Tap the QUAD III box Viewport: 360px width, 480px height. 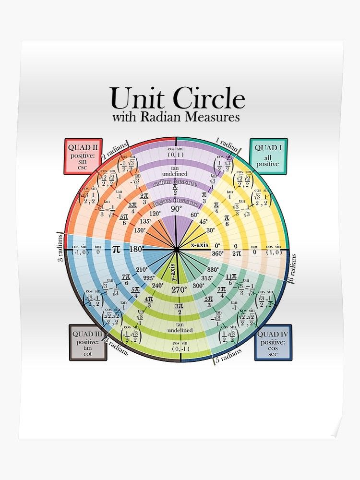coord(88,342)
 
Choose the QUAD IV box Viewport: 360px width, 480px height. coord(273,342)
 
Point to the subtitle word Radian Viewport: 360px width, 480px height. coord(160,117)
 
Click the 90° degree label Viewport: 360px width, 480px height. coord(177,209)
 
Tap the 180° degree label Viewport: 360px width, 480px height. coord(137,249)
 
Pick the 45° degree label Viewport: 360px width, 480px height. coord(204,222)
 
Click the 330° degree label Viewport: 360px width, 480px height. coord(213,270)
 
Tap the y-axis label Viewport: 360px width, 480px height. coord(174,272)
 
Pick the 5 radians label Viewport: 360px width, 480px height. coord(225,356)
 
